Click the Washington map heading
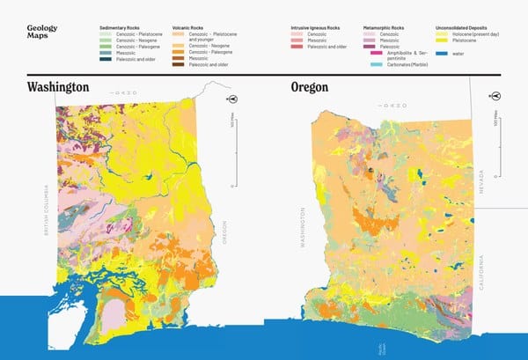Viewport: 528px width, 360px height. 58,88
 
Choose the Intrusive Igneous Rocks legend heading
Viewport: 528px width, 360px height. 315,28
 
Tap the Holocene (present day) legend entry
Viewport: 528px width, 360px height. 474,33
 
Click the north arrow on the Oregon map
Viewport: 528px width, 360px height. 496,96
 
